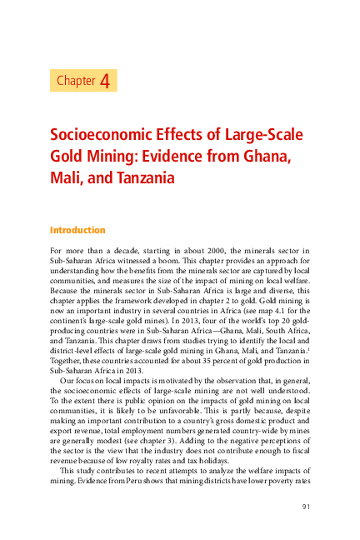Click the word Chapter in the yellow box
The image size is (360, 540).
pos(76,81)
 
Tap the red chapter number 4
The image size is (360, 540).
pos(105,81)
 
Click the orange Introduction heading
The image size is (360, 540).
pos(77,230)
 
